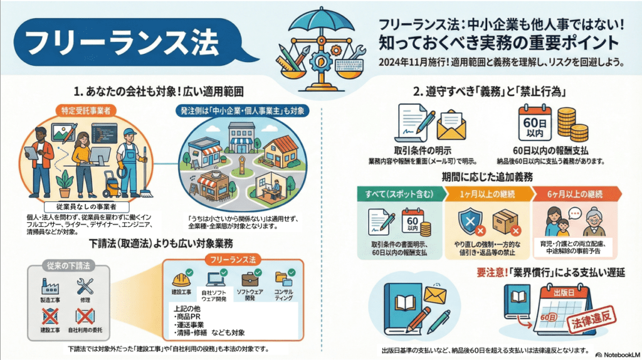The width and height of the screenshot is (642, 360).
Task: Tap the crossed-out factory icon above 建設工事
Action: [x=50, y=315]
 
